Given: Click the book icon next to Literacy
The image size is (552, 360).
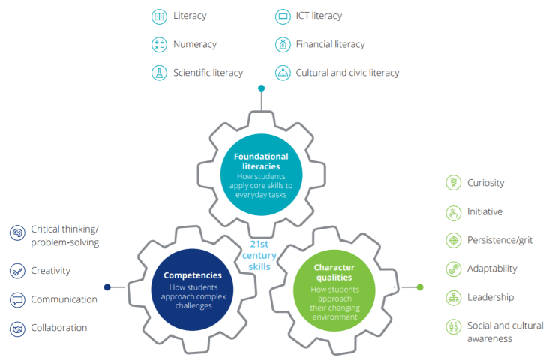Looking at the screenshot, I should coord(159,16).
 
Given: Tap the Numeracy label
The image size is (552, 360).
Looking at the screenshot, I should coord(194,44).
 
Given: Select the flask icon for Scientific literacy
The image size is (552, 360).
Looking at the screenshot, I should coord(159,73).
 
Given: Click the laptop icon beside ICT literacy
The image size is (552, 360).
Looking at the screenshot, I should coord(282,16).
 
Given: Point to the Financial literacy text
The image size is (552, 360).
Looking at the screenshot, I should coord(330,44).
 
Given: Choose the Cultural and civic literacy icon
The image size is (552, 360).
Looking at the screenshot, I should coord(282,73).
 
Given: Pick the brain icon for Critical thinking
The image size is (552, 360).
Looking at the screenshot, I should coord(17,234).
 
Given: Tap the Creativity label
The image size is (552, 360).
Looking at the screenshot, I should coord(50,270).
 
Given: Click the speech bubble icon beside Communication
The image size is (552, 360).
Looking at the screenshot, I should coord(17,299).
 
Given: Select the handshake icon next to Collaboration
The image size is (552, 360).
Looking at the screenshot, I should coord(17,328).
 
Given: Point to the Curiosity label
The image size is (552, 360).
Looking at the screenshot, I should coord(485,183).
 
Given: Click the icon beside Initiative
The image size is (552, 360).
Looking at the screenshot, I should coord(453,212).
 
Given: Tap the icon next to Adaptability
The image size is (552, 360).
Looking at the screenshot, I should coord(453,268).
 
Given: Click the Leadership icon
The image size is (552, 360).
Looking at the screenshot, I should coord(453,297).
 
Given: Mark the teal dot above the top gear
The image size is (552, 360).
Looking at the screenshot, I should coord(261,88).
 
